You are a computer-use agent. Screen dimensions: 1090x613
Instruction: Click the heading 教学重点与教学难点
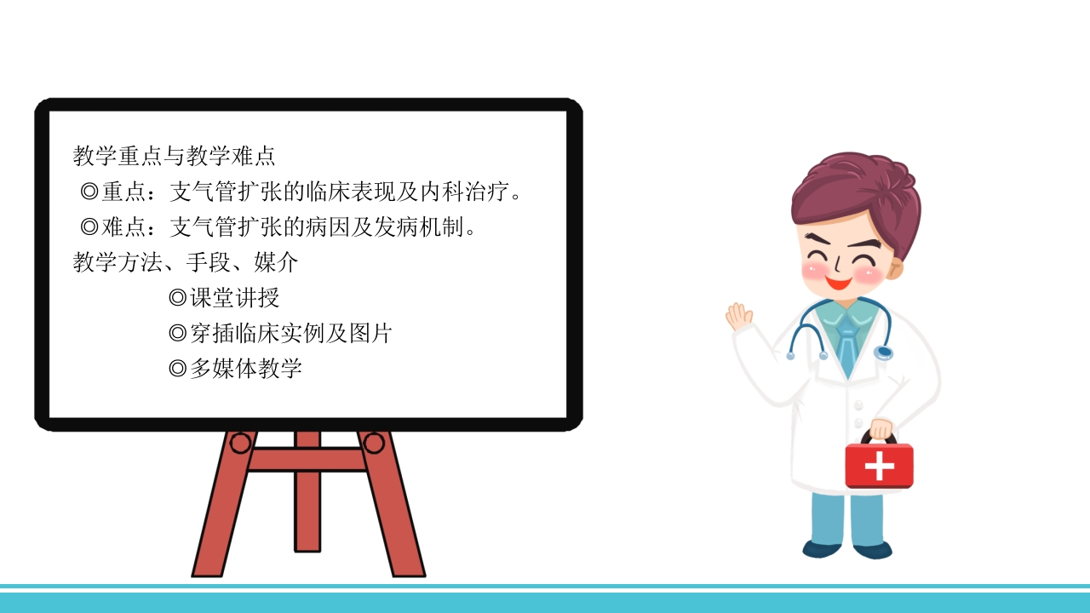tap(175, 156)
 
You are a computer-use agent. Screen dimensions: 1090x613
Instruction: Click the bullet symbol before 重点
tap(89, 192)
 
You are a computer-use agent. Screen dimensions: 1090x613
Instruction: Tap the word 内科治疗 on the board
tap(465, 192)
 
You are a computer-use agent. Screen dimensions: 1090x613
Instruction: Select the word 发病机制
tap(418, 226)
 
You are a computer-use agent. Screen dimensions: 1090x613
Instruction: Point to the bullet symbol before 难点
tap(89, 226)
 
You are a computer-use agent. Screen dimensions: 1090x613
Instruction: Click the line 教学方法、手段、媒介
tap(186, 262)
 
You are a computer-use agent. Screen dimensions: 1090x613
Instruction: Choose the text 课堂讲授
tap(234, 298)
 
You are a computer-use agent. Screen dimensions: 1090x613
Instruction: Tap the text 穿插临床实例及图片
tap(291, 333)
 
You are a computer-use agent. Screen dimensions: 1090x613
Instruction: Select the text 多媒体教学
tap(246, 369)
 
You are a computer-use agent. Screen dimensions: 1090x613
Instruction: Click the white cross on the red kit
tap(880, 466)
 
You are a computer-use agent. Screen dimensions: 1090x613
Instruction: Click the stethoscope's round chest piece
tap(883, 352)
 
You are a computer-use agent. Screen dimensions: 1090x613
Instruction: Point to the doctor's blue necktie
tap(847, 343)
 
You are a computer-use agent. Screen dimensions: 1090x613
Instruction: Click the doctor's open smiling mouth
tap(839, 282)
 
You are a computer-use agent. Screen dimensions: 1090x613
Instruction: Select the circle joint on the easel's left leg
tap(240, 444)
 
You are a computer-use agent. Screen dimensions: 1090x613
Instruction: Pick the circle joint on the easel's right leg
tap(374, 444)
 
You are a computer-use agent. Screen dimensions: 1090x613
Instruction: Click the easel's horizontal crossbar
tap(307, 460)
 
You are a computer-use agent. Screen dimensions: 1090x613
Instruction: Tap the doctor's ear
tap(894, 269)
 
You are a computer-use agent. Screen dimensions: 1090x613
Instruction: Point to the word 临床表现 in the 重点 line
tap(350, 192)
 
